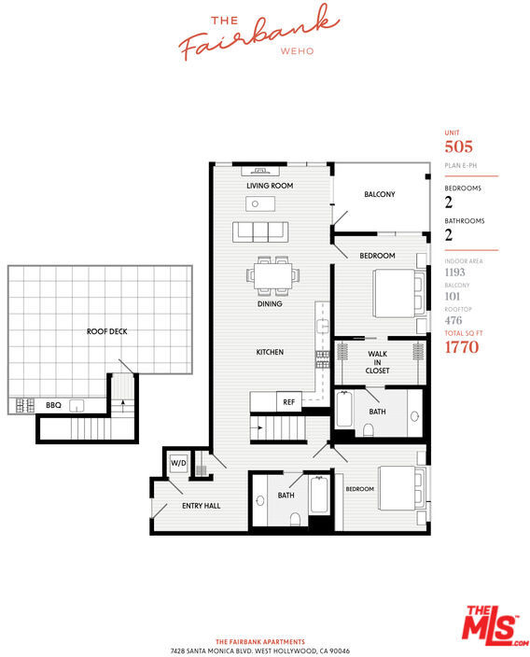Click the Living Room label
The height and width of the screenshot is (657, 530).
[270, 186]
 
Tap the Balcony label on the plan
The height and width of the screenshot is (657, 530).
[380, 194]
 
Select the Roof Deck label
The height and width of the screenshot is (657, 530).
[106, 331]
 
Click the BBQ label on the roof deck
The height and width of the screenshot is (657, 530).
[53, 405]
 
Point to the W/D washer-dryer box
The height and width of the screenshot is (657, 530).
[178, 463]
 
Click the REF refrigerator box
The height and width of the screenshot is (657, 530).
[289, 402]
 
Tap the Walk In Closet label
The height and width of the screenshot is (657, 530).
[377, 362]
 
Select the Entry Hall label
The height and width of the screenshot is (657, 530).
[202, 506]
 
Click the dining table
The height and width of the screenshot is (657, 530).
[272, 275]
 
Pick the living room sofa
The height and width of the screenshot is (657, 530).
[260, 231]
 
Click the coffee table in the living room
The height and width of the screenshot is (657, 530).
[260, 204]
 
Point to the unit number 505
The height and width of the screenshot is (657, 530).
[459, 147]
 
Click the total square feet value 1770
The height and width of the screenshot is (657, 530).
[462, 347]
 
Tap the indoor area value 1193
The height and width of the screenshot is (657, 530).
[455, 273]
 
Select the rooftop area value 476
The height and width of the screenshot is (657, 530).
[453, 320]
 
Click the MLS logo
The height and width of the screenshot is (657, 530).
[495, 626]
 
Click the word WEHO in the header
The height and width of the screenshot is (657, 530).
[297, 51]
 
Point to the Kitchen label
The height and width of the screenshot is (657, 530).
[270, 353]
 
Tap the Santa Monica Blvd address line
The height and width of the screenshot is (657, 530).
[259, 651]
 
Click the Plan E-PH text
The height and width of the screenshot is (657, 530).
[461, 165]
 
